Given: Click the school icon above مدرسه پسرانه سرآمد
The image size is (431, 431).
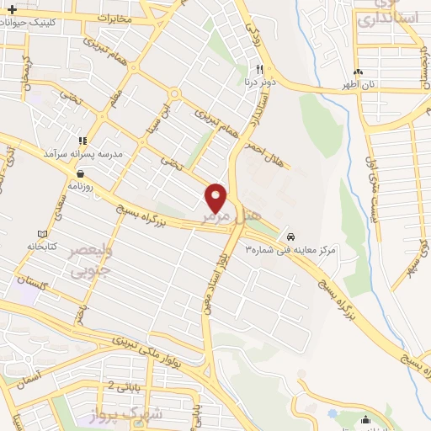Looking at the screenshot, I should pos(82,141).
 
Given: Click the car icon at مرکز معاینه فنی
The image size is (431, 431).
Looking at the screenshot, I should pos(291,237).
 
